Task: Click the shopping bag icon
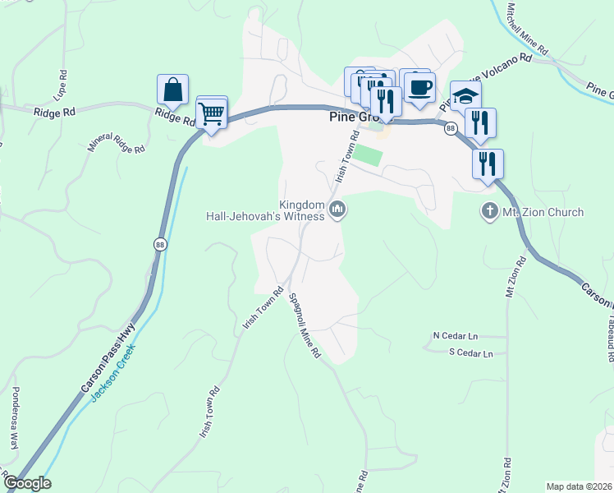[x=172, y=89]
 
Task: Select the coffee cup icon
[x=420, y=86]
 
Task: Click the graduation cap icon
[x=465, y=95]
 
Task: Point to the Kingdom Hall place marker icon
[x=337, y=211]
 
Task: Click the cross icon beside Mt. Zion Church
[x=490, y=212]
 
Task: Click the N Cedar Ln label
[x=455, y=335]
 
